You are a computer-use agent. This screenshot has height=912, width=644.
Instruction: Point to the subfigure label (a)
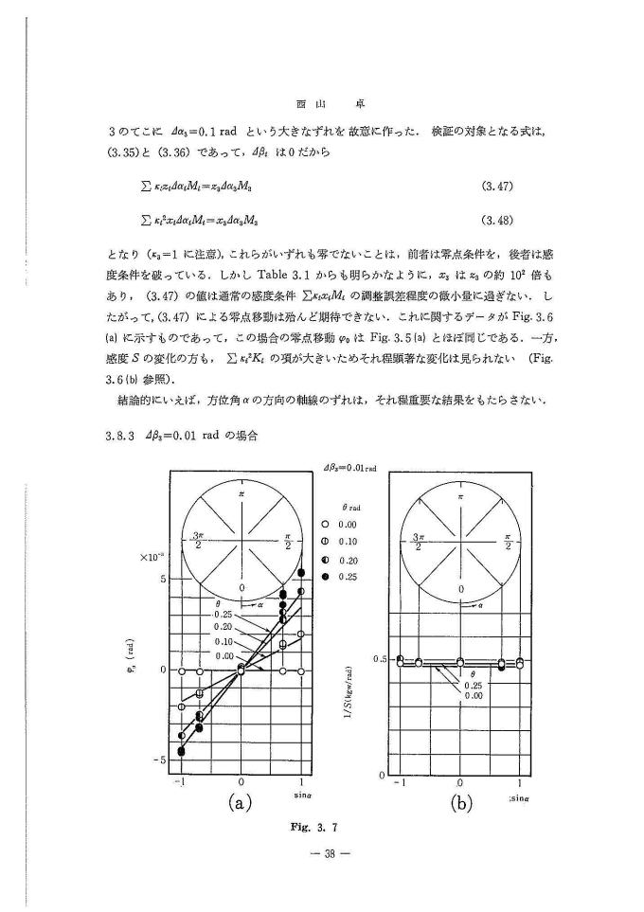[241, 804]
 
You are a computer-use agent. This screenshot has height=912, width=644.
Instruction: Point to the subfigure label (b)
[460, 804]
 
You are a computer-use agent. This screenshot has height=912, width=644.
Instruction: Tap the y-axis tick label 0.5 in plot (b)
[380, 658]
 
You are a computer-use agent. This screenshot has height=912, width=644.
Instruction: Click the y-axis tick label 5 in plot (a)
[163, 579]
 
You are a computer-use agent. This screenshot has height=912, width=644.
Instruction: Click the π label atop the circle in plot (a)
[241, 492]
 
